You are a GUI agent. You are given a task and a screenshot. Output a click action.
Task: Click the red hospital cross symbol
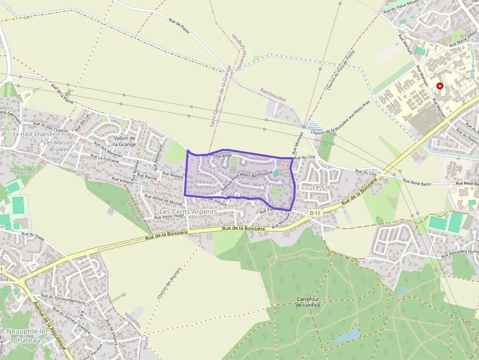440,86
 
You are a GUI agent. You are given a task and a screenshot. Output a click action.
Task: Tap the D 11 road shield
315,213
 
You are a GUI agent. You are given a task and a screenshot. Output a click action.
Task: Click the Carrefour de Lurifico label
308,302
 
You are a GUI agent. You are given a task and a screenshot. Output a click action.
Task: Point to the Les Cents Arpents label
188,212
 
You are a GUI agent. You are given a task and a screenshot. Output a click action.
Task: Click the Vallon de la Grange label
125,141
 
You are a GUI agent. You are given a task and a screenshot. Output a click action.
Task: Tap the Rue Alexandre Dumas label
460,253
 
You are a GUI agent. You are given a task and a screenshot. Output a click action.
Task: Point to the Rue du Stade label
33,237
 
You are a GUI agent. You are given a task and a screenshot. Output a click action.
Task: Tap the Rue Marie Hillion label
463,38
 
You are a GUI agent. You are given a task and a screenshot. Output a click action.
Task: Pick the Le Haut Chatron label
34,134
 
